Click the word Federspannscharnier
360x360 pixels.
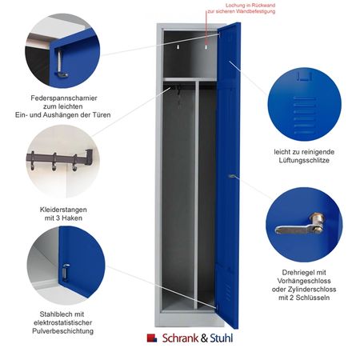[64, 98]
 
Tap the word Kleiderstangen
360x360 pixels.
[63, 210]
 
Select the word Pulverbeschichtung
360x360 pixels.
[63, 331]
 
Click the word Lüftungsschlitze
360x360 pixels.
[304, 160]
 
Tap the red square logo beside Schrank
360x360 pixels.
[152, 338]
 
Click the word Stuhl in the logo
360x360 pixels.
[222, 338]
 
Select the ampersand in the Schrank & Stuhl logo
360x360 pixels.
[204, 338]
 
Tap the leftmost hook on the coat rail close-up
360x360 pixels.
[32, 161]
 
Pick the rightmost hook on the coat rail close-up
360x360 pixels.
[74, 162]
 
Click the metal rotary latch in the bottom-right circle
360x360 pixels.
[299, 225]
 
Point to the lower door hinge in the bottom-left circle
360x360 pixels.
[65, 272]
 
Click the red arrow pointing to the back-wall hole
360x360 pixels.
[206, 29]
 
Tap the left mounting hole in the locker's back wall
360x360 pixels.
[178, 47]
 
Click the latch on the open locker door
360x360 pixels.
[232, 176]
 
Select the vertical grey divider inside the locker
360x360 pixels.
[197, 195]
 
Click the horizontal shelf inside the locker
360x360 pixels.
[190, 79]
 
